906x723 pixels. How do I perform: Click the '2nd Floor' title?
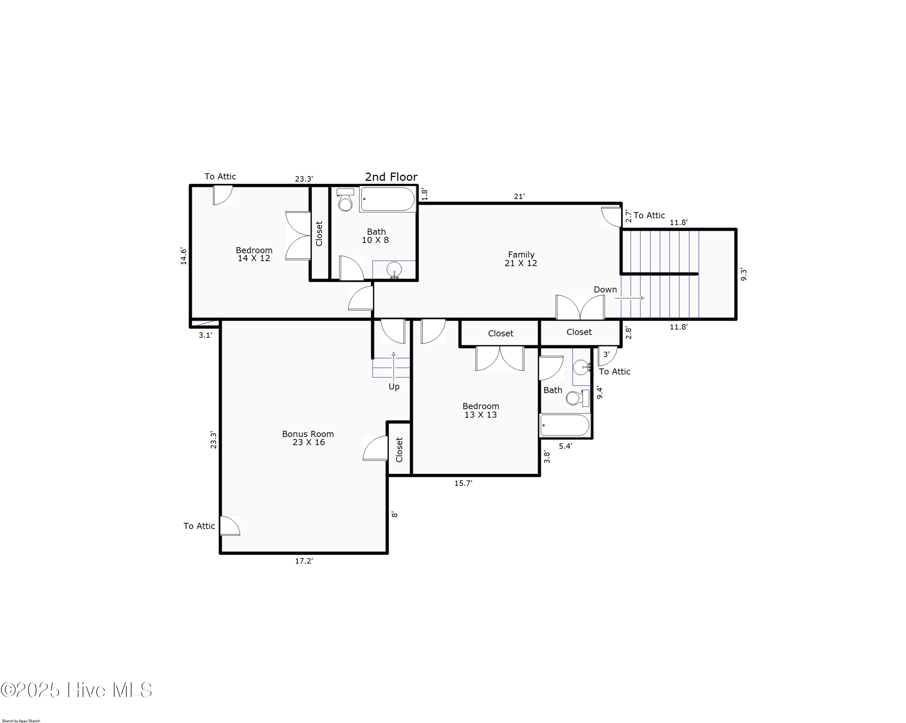391,177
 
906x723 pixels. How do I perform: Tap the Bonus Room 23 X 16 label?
308,438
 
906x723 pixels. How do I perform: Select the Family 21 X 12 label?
521,259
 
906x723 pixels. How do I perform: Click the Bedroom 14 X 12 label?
254,254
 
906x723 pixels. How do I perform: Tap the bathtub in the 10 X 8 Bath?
387,199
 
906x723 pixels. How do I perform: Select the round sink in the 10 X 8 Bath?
394,268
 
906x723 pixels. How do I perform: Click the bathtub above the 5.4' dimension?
565,425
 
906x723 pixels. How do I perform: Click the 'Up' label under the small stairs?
394,387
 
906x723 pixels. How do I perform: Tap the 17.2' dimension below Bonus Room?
304,561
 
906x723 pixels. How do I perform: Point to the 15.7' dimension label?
463,483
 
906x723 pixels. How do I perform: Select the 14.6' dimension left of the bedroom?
184,256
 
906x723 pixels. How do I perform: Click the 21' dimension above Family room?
519,196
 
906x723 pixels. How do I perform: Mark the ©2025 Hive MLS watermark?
76,690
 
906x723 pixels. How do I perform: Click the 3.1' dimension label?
205,335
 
